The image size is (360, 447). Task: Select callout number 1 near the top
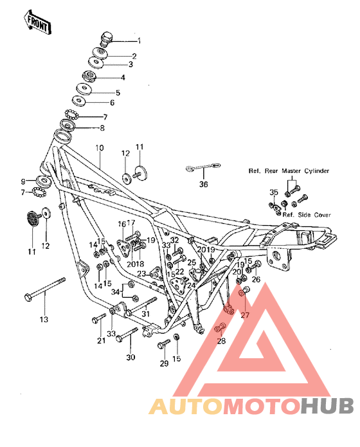point(138,41)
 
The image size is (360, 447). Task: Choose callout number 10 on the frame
point(100,148)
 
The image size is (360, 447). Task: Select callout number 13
point(44,320)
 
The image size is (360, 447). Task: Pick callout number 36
point(204,185)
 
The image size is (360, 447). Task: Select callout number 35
point(273,192)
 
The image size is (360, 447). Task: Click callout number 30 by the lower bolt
point(131,358)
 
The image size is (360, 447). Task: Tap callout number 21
point(100,341)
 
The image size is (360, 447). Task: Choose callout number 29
point(163,364)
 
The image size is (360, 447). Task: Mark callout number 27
point(244,315)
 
